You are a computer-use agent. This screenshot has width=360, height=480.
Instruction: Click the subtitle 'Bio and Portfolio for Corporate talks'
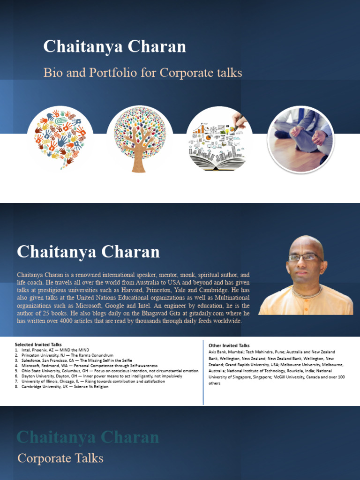(142, 73)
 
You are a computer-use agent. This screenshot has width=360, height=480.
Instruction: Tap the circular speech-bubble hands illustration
(60, 139)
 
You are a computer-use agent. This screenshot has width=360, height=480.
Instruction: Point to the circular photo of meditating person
(300, 139)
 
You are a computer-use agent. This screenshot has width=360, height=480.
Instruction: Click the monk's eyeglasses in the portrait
(305, 257)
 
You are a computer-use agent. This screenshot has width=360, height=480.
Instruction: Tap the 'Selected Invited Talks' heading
(38, 345)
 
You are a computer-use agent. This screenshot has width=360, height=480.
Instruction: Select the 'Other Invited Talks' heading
(229, 345)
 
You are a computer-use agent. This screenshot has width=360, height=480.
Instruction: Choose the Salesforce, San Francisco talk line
(77, 360)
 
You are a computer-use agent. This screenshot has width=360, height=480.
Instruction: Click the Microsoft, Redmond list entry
(89, 366)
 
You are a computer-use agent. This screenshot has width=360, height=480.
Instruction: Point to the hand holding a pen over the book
(240, 121)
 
